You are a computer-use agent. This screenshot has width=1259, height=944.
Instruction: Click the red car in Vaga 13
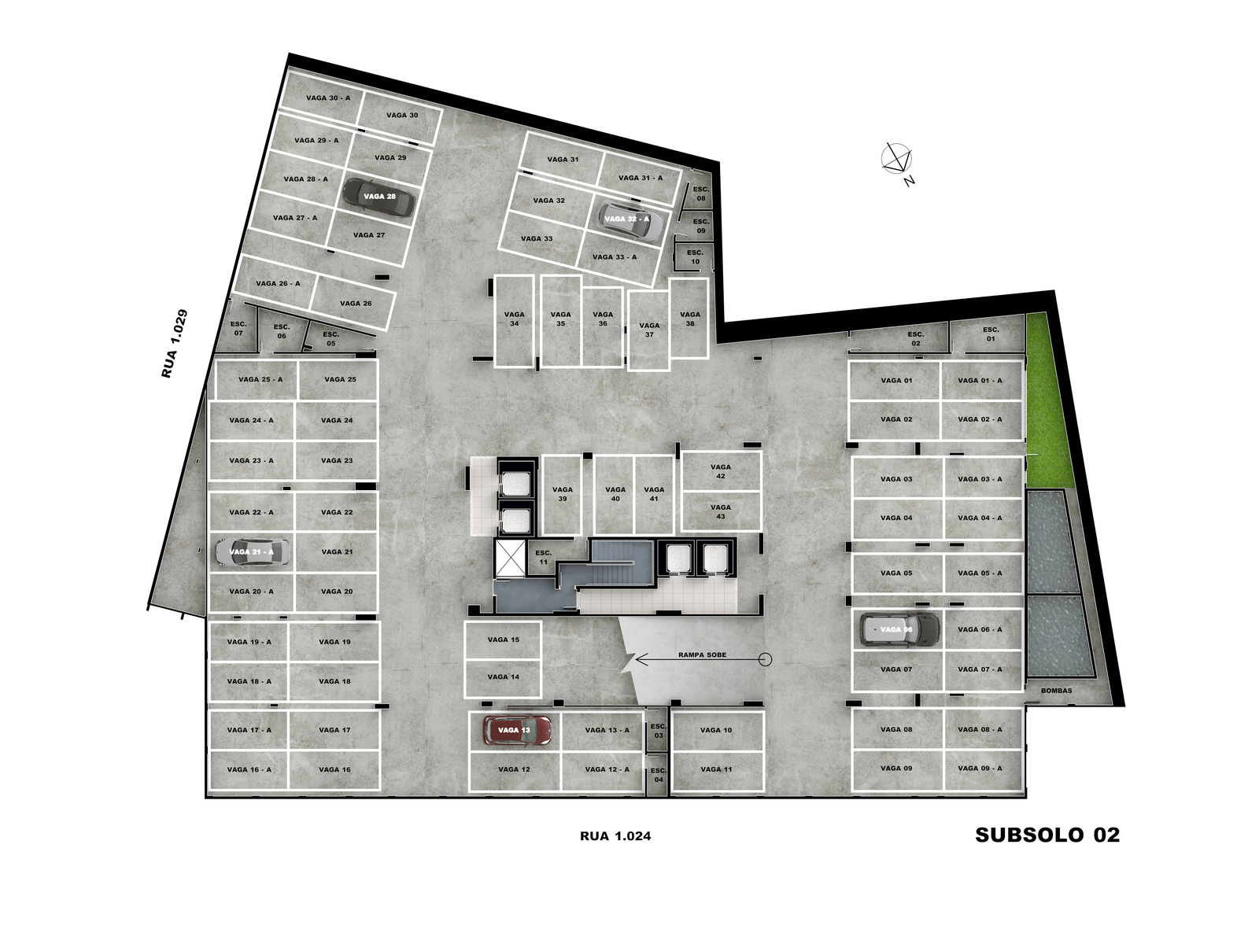point(517,730)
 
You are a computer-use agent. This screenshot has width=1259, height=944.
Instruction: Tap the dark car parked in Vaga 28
point(378,197)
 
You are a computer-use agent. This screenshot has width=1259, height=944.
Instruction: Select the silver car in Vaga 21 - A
point(253,552)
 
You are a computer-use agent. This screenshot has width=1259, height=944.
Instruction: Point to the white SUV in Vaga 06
point(900,629)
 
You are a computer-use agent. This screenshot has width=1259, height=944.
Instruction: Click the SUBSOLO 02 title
point(1047,835)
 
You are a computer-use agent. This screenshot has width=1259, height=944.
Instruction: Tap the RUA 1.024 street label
point(615,836)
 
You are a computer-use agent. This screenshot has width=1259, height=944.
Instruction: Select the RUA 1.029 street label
point(175,343)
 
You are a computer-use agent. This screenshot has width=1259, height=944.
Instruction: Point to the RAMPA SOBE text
point(702,655)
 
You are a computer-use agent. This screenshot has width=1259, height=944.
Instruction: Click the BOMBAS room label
point(1056,691)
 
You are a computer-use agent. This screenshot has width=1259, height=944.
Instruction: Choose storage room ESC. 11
point(543,557)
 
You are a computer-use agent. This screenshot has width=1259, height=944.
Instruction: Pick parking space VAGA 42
point(721,471)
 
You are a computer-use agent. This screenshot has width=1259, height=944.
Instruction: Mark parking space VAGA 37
point(648,330)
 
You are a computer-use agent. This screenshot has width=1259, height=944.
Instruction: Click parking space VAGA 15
point(503,640)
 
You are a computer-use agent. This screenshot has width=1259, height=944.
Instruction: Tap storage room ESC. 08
point(701,194)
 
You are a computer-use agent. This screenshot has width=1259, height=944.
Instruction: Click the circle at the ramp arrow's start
point(765,660)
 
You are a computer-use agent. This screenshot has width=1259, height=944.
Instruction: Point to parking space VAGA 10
point(716,730)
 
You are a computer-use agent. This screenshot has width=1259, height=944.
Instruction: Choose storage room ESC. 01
point(991,334)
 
